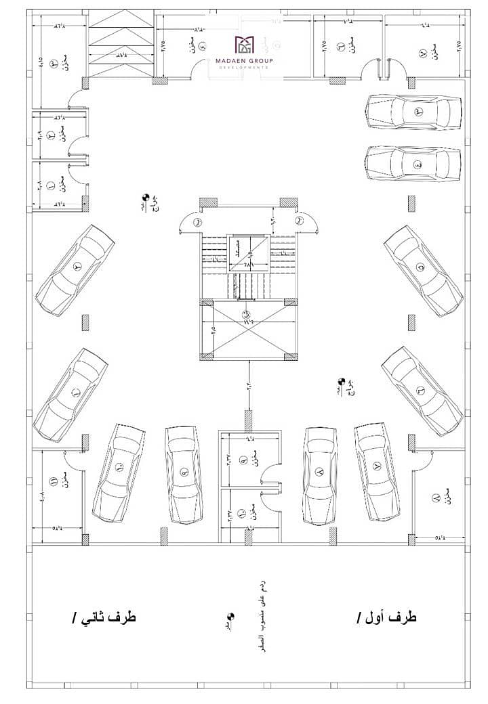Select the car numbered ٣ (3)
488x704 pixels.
click(x=413, y=112)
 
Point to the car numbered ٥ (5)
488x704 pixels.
click(x=424, y=270)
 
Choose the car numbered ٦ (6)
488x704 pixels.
click(x=422, y=391)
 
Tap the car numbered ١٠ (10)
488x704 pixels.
click(x=121, y=472)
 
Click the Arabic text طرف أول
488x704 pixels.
click(x=386, y=617)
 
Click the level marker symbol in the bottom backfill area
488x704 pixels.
click(x=230, y=617)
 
